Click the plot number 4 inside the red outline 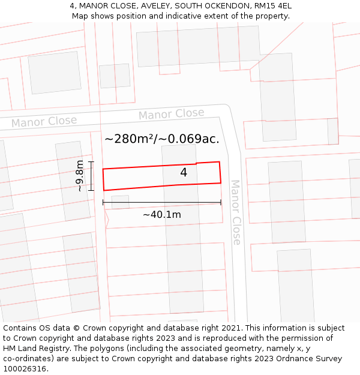184,173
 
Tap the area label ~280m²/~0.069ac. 162,139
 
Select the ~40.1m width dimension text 161,214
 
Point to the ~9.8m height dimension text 79,176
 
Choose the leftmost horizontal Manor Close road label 44,122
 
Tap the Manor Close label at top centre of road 171,114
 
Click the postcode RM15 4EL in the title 271,6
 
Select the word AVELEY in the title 158,6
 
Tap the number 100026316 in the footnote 26,369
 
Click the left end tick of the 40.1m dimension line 103,202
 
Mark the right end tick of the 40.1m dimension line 221,202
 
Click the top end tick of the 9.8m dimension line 91,162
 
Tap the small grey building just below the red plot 120,202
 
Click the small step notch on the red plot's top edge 196,163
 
